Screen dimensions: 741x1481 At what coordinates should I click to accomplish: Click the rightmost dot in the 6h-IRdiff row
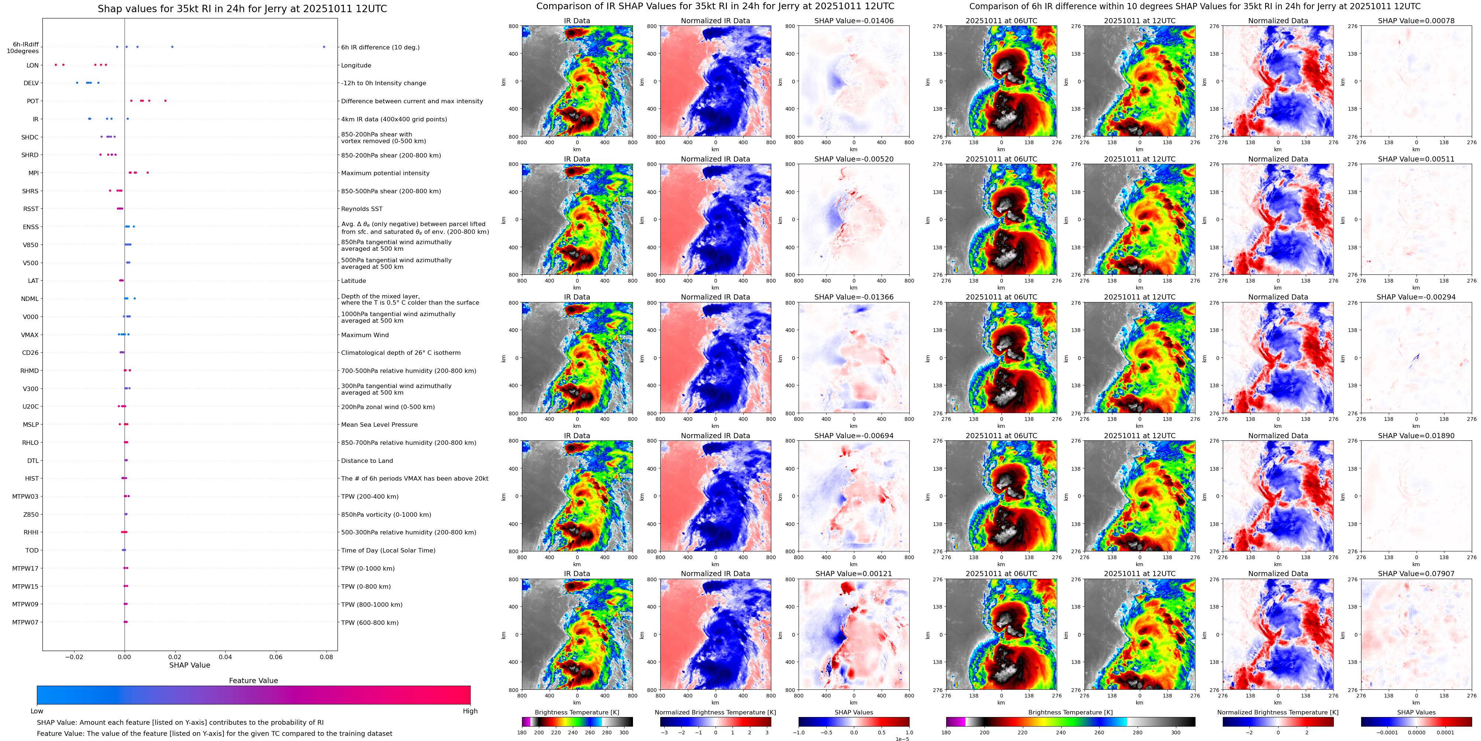pyautogui.click(x=324, y=46)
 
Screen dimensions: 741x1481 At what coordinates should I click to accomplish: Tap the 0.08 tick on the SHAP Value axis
pyautogui.click(x=326, y=657)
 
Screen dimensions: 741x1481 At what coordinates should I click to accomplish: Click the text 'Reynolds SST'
pyautogui.click(x=361, y=209)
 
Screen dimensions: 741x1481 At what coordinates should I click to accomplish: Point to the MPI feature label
pyautogui.click(x=33, y=173)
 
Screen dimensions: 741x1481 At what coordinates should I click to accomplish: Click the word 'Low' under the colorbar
pyautogui.click(x=37, y=711)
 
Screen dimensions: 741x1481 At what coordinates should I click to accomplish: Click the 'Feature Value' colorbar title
pyautogui.click(x=253, y=681)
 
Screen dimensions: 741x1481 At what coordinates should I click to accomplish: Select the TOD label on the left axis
pyautogui.click(x=32, y=551)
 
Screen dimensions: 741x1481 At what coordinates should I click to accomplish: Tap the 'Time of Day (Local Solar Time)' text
pyautogui.click(x=388, y=551)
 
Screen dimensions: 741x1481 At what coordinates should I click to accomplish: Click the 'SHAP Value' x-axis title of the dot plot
pyautogui.click(x=189, y=665)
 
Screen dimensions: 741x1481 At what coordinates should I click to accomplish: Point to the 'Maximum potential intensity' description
pyautogui.click(x=385, y=173)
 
